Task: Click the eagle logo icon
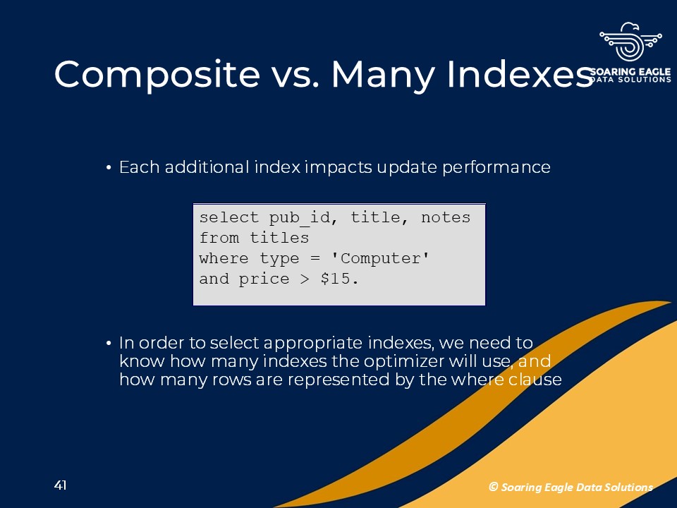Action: click(x=630, y=42)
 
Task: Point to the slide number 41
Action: click(x=61, y=485)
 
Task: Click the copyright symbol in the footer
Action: click(x=493, y=487)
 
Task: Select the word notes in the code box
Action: click(x=446, y=217)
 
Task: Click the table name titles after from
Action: click(x=279, y=238)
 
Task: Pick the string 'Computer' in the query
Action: click(x=380, y=258)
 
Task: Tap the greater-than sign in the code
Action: click(x=305, y=279)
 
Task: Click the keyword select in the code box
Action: click(x=228, y=217)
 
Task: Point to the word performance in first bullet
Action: click(x=496, y=167)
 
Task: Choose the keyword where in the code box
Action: click(x=224, y=258)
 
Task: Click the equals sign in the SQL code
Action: click(x=315, y=258)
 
